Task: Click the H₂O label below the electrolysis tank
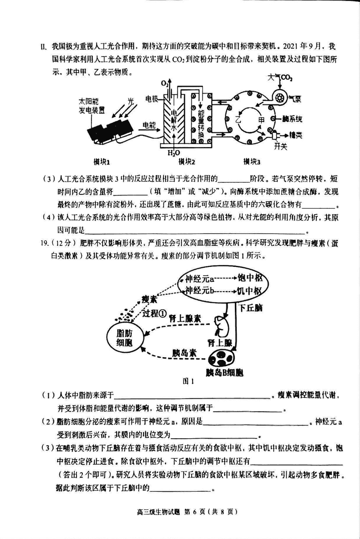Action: (x=174, y=153)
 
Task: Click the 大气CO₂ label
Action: (x=280, y=78)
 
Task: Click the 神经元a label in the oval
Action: (x=199, y=278)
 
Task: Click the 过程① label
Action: (x=155, y=313)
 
